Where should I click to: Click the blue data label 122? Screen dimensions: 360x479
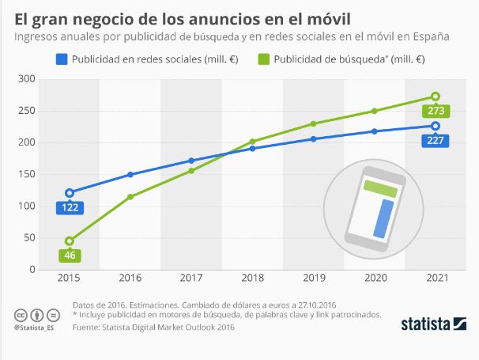70,208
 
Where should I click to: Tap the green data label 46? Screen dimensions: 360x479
70,256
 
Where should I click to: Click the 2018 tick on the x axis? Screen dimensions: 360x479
252,279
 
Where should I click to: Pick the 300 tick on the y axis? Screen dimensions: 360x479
27,79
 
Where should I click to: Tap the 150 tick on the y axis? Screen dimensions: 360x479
27,174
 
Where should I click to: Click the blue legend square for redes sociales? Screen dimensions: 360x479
60,59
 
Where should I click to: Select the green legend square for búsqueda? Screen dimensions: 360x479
264,59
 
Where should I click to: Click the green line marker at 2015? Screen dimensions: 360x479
70,241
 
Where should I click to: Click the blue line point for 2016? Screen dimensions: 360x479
130,174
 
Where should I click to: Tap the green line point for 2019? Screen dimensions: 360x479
313,123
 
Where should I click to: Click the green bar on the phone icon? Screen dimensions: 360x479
380,188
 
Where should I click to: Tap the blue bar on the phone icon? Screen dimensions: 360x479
384,218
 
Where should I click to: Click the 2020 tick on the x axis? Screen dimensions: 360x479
375,279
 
